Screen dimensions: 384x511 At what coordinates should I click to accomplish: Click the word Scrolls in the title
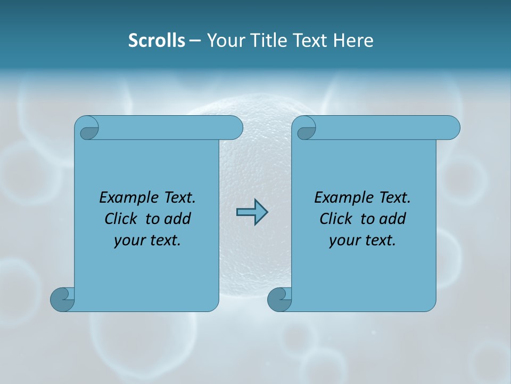[156, 41]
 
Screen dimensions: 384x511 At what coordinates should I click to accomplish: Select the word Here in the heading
[353, 41]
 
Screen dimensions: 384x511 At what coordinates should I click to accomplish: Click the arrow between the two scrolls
[252, 212]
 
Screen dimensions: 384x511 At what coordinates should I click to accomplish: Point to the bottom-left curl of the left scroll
[62, 299]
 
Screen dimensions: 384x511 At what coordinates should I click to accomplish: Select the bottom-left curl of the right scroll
[279, 299]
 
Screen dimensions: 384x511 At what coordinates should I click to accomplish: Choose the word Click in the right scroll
[335, 219]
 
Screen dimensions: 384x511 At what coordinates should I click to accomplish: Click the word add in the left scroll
[177, 219]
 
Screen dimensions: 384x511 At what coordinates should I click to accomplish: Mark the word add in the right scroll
[392, 219]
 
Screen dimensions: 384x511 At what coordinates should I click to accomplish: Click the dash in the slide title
[195, 41]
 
